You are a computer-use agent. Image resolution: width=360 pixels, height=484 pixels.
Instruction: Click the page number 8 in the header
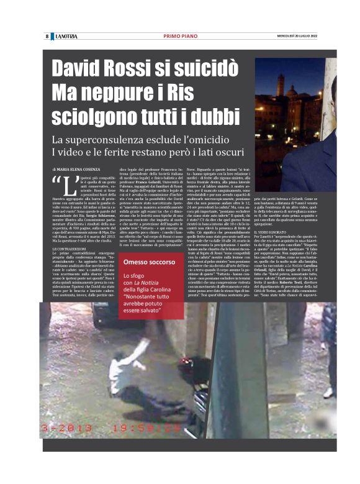[x=47, y=36]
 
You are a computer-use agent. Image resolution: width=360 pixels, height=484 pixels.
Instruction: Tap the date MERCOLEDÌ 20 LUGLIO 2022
[x=297, y=36]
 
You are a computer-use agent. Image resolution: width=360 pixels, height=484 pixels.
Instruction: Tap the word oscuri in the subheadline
[x=236, y=152]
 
